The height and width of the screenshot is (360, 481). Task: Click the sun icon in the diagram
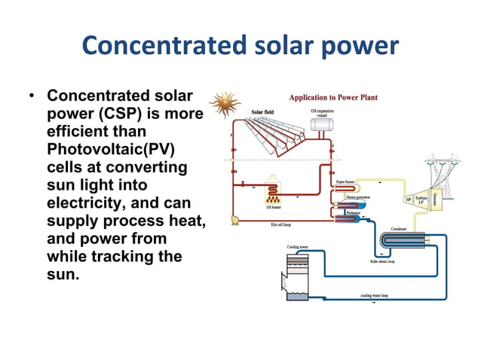224,105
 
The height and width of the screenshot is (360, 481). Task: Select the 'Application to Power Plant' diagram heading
334,97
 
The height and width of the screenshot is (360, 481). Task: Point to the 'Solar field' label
262,112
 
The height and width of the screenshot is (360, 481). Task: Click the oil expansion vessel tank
324,127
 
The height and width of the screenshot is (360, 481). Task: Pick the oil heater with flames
273,194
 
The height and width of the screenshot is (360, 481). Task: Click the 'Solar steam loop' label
385,261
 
